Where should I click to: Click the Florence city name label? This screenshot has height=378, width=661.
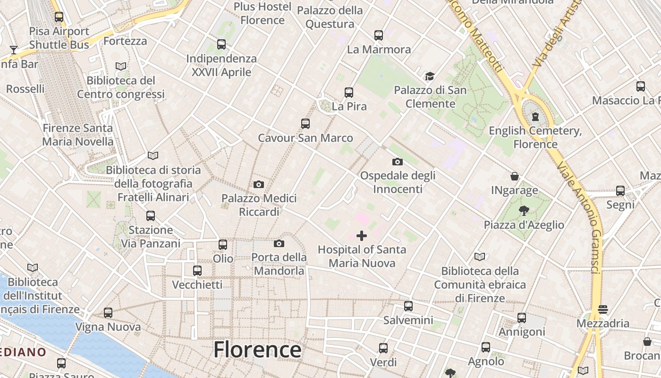click(x=257, y=350)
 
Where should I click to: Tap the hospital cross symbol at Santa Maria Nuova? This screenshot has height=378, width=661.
click(x=362, y=235)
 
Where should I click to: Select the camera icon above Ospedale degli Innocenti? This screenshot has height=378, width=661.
click(x=398, y=162)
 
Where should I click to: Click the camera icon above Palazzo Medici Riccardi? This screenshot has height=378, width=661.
click(x=259, y=184)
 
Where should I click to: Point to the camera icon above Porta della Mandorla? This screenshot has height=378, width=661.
click(x=279, y=243)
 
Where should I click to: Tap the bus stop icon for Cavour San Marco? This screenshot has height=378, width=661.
click(x=305, y=124)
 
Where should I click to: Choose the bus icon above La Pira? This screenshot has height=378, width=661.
click(x=349, y=93)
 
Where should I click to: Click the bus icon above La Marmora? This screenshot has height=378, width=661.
click(x=379, y=35)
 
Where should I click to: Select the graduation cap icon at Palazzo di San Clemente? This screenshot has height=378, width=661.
click(x=430, y=76)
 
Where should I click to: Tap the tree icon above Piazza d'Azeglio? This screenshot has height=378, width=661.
click(x=524, y=211)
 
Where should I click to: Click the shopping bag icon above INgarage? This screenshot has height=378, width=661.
click(x=515, y=176)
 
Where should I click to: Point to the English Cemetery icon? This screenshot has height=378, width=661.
click(x=535, y=116)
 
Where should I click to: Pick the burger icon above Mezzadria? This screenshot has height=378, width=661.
click(x=602, y=309)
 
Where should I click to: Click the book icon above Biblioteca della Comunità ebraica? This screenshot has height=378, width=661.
click(x=480, y=257)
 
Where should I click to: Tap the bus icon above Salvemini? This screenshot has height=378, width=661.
click(x=408, y=306)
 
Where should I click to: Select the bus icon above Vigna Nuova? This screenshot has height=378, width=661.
click(x=108, y=313)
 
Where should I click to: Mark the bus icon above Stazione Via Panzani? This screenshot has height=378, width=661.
click(x=151, y=216)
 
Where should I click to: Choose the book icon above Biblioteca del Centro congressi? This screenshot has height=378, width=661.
click(x=121, y=67)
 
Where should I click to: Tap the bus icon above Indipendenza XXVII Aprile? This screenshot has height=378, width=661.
click(x=221, y=44)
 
